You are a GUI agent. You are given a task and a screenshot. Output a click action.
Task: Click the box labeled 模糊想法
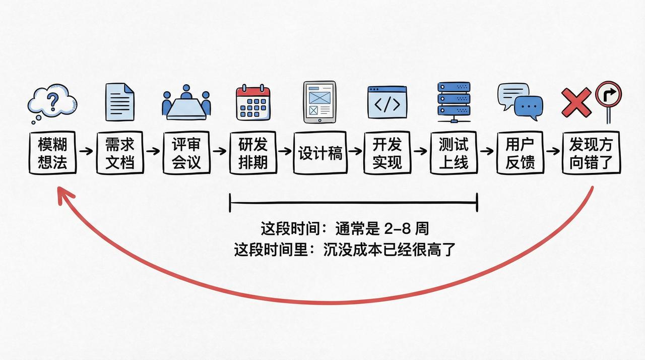coord(52,153)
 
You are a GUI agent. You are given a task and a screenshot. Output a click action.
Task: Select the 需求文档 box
coord(120,153)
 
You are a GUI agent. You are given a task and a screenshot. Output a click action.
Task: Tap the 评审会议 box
coord(186,153)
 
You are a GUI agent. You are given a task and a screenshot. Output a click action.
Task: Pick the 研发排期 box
coord(253,153)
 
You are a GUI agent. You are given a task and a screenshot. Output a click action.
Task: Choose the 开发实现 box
coord(387,153)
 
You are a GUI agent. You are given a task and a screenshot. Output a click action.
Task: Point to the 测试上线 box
coord(454,153)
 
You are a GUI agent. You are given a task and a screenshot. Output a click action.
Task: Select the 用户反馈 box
coord(520,153)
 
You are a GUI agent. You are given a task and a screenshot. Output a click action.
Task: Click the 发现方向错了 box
coord(591,153)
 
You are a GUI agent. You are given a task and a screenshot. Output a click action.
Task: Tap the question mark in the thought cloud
coord(52,99)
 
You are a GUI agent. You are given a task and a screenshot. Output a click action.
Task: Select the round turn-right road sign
coord(608,94)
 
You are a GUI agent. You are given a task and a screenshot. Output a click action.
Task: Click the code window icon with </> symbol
coord(387,102)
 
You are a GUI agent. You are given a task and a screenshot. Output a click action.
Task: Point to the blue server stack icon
coord(454,99)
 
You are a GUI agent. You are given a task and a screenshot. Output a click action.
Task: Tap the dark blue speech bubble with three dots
coord(528,107)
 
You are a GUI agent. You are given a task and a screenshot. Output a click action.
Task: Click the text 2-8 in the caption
coord(396,228)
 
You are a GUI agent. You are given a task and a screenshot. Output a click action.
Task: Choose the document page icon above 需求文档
coord(120,102)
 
